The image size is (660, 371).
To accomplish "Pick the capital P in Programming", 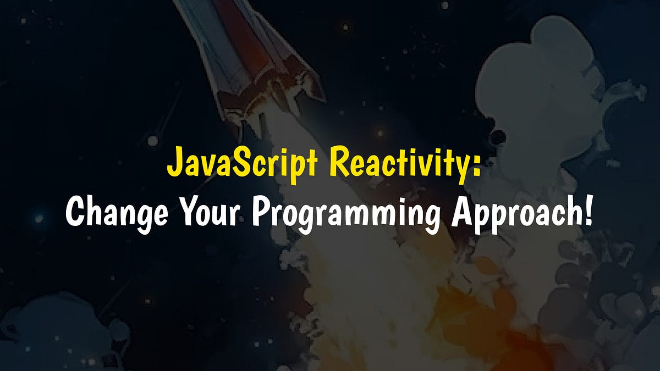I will tap(261, 212).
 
